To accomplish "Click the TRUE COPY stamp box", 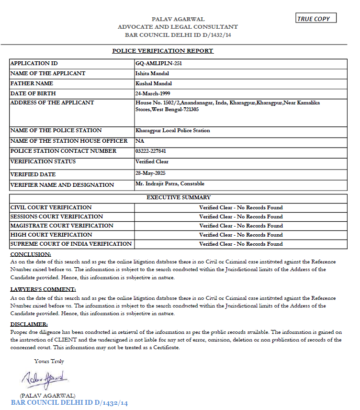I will tap(316, 18).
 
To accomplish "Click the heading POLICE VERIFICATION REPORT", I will tap(163, 51).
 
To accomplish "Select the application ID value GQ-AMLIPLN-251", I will tap(158, 63).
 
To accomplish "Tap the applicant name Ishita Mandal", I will tap(152, 73).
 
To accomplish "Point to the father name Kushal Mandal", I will tap(154, 83).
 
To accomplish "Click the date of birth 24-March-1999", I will tap(153, 93).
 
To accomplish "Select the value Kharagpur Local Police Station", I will tap(173, 130).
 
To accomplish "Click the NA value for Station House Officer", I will tap(140, 141).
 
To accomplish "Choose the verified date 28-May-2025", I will tap(150, 172).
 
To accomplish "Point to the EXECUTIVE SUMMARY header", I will tap(179, 197).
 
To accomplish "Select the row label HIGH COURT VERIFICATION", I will tap(51, 235).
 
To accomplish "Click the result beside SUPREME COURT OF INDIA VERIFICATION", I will tap(241, 244).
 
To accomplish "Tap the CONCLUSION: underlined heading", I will tap(31, 254).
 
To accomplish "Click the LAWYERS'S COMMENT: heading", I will tap(43, 289).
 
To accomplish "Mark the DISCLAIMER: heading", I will tap(29, 325).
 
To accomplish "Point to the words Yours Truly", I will tap(49, 361).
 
